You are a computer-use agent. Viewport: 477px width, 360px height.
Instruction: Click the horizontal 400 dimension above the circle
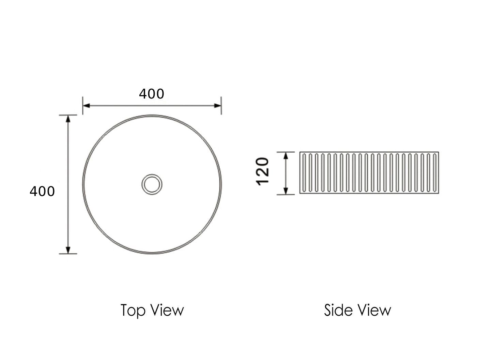[152, 94]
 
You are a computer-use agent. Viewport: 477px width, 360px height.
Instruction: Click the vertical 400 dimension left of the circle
[42, 191]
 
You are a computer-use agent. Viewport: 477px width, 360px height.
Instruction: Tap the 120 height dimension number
[262, 171]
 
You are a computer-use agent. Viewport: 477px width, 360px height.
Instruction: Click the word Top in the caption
[133, 311]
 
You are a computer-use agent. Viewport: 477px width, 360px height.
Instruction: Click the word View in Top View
[168, 310]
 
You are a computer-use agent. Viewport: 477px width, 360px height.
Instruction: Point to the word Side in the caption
[338, 310]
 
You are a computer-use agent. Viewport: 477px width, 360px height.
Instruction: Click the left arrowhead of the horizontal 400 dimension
[87, 106]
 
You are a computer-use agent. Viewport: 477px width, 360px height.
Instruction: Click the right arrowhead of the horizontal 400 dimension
[217, 106]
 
